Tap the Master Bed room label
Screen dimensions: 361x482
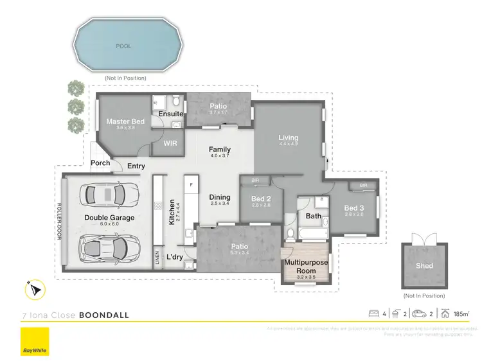pos(125,121)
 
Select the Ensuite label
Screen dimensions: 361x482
pos(172,114)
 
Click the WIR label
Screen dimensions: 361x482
pos(170,143)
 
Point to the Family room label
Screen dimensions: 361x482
pos(220,150)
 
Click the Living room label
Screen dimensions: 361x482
pos(288,137)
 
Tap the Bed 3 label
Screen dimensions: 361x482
pos(354,208)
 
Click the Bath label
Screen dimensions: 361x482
pos(314,216)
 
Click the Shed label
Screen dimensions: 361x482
pos(424,265)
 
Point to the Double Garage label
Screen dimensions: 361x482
pos(109,218)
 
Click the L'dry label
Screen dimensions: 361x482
pos(175,257)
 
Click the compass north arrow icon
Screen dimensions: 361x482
pos(34,290)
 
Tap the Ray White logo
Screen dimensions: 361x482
pos(35,342)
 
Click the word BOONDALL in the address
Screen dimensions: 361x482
pos(104,315)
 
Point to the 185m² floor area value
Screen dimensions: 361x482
pos(460,314)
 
